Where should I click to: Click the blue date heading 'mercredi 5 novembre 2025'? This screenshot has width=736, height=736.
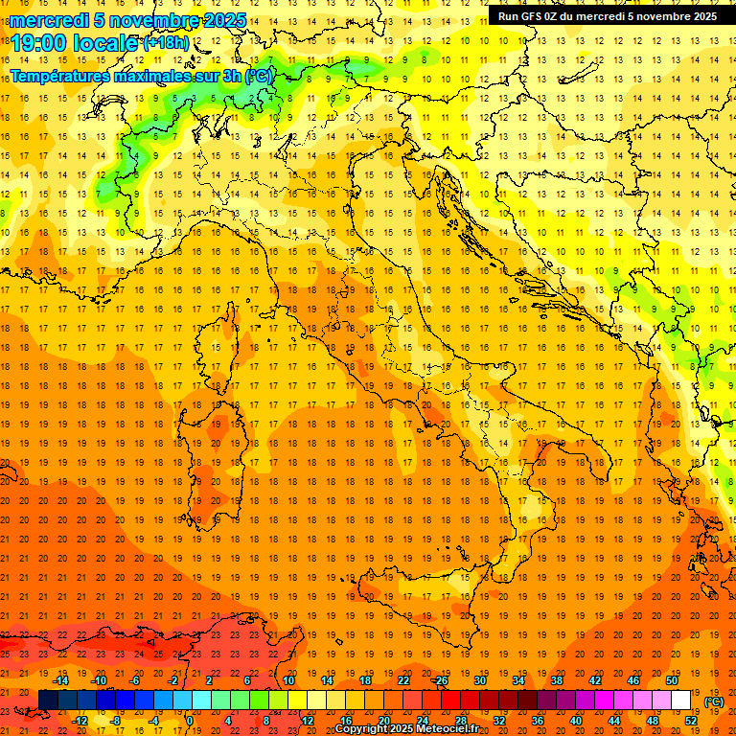click(128, 20)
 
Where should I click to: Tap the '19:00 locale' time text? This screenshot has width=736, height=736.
click(75, 43)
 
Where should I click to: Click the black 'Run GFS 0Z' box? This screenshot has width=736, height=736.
click(608, 15)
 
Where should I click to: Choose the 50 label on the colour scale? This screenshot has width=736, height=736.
click(673, 680)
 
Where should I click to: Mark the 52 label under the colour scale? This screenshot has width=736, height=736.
click(692, 721)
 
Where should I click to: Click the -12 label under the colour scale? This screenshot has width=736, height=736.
click(80, 721)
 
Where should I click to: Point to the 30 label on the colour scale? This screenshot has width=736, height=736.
click(480, 680)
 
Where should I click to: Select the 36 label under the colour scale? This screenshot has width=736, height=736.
click(538, 721)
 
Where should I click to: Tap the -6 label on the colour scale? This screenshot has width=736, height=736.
click(134, 680)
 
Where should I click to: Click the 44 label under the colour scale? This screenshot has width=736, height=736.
click(614, 721)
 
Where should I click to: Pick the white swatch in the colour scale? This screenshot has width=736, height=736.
click(681, 701)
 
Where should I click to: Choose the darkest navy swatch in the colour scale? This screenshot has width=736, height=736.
click(48, 701)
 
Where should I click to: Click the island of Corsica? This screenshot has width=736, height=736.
click(227, 340)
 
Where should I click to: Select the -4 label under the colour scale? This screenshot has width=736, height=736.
click(153, 721)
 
